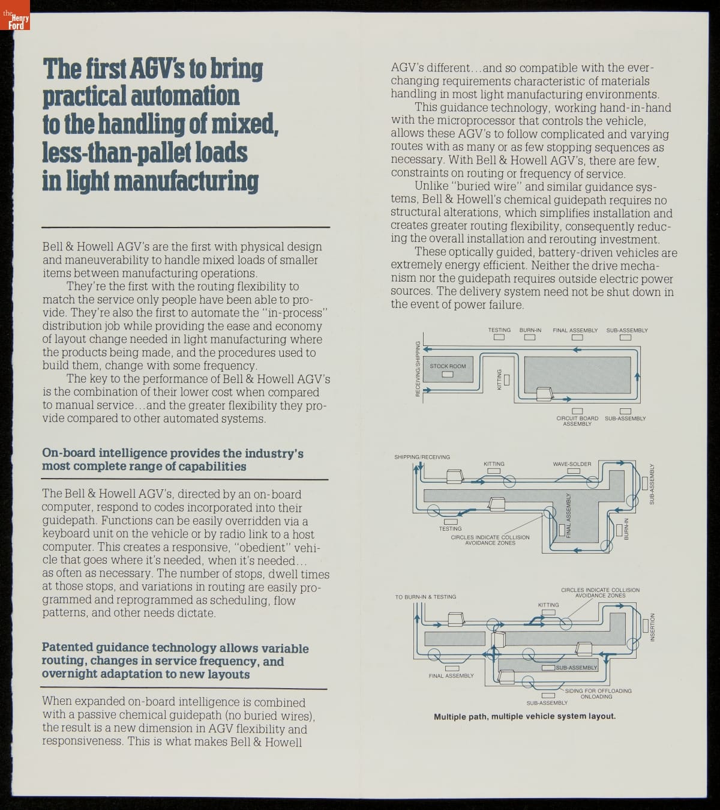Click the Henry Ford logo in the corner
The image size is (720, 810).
pos(15,21)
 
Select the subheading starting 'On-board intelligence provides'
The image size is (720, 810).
pos(172,460)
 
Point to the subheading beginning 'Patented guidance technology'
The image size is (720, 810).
pos(175,660)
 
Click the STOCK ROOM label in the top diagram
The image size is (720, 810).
pos(448,366)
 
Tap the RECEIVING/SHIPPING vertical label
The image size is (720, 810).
pos(418,368)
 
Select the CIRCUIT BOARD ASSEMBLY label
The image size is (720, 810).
pos(577,421)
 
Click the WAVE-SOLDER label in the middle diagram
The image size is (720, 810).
pos(572,464)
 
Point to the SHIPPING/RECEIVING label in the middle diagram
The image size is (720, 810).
pos(422,457)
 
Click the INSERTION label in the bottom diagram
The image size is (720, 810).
pos(653,627)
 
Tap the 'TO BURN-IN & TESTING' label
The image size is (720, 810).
pos(425,597)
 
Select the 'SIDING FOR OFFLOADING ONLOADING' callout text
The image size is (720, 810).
pos(598,694)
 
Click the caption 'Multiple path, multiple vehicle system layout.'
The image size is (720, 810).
pos(524,716)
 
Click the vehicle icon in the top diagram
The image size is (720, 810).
pos(545,394)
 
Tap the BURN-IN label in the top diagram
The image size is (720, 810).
pos(530,330)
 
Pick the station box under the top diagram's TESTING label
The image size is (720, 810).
pos(499,337)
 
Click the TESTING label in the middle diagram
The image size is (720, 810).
pos(450,529)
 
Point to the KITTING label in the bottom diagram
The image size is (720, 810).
pos(548,605)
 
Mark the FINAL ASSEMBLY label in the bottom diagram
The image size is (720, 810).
pos(451,676)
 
